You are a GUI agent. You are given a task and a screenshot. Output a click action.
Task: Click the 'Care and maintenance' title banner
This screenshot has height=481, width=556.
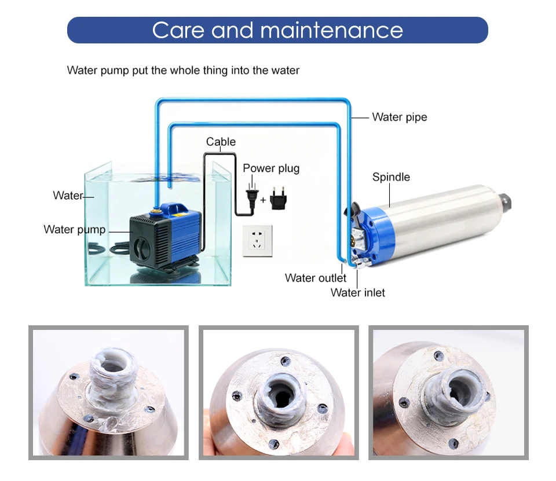pyautogui.click(x=277, y=30)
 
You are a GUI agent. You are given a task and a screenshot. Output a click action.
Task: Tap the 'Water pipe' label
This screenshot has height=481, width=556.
pyautogui.click(x=399, y=118)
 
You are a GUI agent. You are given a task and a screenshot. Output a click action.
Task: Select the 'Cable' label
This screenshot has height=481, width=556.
pyautogui.click(x=221, y=142)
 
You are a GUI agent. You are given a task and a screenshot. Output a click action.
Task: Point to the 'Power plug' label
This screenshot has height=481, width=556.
pyautogui.click(x=271, y=168)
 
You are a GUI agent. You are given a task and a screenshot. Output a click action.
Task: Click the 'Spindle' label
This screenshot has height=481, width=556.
pyautogui.click(x=391, y=177)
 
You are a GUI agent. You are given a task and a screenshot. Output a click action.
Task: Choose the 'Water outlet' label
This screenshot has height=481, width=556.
pyautogui.click(x=315, y=278)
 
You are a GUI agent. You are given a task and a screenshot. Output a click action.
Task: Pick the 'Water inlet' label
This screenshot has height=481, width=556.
pyautogui.click(x=357, y=293)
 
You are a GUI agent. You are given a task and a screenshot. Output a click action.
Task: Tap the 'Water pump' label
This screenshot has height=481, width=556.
pyautogui.click(x=75, y=230)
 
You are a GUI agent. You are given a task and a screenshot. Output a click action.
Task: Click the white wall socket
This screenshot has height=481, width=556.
pyautogui.click(x=257, y=241)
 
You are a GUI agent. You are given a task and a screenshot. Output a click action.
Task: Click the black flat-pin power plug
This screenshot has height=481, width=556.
pyautogui.click(x=252, y=199)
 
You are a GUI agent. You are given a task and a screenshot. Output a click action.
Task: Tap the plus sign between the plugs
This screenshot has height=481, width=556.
pyautogui.click(x=263, y=200)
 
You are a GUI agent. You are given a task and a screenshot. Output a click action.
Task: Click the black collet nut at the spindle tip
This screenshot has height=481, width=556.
pyautogui.click(x=505, y=201)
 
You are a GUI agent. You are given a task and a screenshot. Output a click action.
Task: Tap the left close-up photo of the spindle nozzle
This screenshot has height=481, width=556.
pyautogui.click(x=108, y=393)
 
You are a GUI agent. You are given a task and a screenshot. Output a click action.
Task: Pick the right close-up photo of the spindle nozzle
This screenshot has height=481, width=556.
pyautogui.click(x=448, y=393)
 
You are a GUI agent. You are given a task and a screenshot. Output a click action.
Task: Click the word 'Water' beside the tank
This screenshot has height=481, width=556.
pyautogui.click(x=68, y=196)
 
